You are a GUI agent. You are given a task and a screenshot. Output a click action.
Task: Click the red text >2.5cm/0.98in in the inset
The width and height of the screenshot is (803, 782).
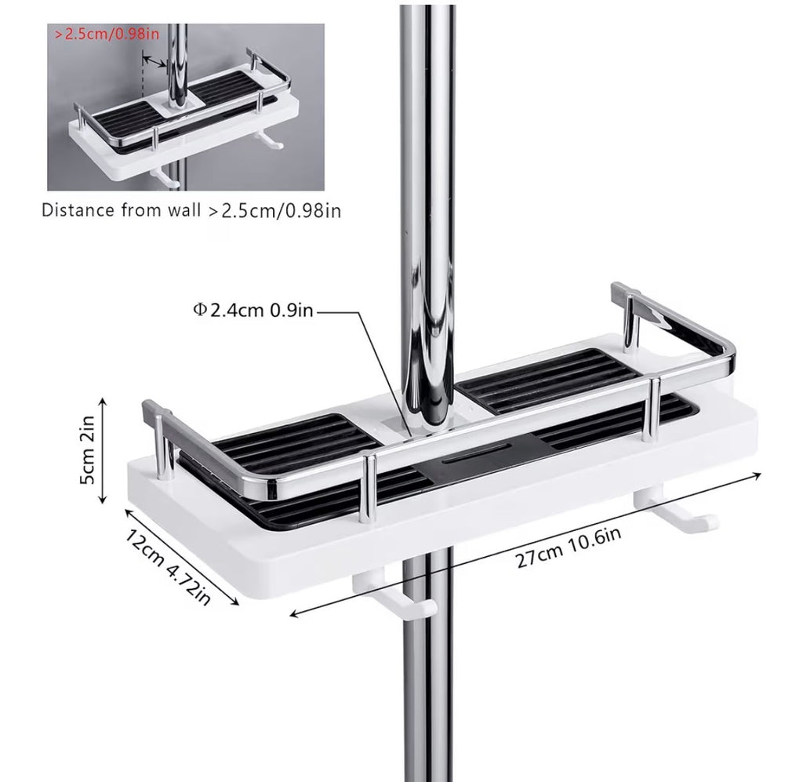(x=107, y=35)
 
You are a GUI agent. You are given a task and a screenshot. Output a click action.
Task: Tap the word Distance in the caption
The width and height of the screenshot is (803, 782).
(x=78, y=210)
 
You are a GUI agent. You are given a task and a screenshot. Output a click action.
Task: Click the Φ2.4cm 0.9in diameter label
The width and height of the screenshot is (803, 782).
(x=253, y=310)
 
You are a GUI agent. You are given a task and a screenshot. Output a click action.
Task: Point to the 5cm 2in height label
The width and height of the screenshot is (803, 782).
(x=87, y=449)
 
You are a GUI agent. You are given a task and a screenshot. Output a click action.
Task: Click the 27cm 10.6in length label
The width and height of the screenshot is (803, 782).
(x=569, y=547)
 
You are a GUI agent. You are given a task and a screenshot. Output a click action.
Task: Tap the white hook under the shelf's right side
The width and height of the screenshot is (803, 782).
(x=676, y=509)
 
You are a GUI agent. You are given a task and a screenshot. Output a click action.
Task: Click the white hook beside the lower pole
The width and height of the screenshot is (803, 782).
(x=395, y=597)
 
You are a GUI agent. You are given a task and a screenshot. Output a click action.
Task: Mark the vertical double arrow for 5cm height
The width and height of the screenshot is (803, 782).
(x=104, y=451)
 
